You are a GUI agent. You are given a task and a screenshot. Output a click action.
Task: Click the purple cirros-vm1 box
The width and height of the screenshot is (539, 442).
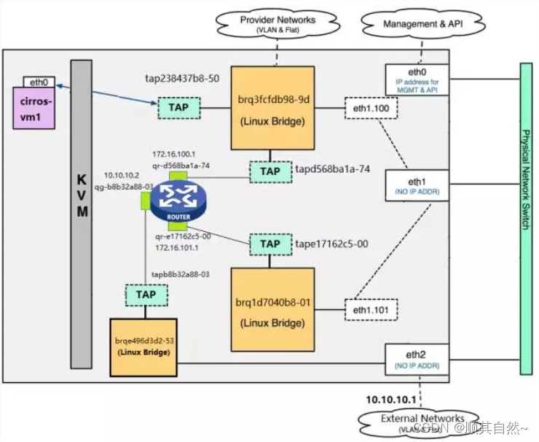pos(36,109)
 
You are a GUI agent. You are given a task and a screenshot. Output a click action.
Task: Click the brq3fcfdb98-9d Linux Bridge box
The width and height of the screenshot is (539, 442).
pos(272,109)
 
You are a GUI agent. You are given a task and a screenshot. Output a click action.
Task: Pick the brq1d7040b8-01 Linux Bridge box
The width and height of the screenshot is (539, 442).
pos(272,311)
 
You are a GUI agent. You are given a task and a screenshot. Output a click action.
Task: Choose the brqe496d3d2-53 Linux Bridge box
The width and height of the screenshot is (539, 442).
pos(143,346)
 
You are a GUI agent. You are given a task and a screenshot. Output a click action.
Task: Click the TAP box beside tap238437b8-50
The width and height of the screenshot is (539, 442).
pos(180,108)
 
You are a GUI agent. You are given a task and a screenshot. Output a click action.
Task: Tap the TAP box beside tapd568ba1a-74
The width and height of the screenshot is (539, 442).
pos(270,171)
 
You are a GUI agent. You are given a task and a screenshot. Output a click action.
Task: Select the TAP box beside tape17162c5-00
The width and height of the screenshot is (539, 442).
pos(270,244)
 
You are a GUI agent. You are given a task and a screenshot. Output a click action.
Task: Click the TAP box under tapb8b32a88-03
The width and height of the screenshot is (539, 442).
pos(146,295)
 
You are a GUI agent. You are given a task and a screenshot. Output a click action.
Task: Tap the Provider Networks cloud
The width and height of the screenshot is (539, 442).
pos(278,23)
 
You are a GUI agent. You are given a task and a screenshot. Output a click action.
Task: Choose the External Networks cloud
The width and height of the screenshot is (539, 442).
pos(422,422)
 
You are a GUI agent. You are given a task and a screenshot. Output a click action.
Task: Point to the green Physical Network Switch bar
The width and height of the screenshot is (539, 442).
pos(527,218)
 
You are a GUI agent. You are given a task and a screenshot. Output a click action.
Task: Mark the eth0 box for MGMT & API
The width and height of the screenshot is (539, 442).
pos(416,79)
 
